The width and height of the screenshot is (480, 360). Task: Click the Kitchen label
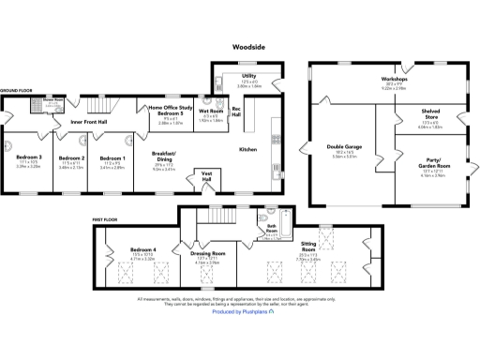(247, 150)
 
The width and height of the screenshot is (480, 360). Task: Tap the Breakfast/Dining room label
(164, 157)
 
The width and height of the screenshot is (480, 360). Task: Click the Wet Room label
(210, 111)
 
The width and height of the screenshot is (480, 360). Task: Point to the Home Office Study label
(171, 109)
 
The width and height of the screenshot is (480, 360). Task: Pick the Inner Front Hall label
(90, 121)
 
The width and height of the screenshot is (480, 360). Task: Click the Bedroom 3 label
(28, 157)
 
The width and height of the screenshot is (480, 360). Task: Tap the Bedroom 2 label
(72, 157)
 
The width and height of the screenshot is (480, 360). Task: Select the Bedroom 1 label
(112, 157)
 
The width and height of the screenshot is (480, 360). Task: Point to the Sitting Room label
(308, 247)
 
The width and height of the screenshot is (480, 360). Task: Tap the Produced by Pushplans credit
(240, 311)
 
